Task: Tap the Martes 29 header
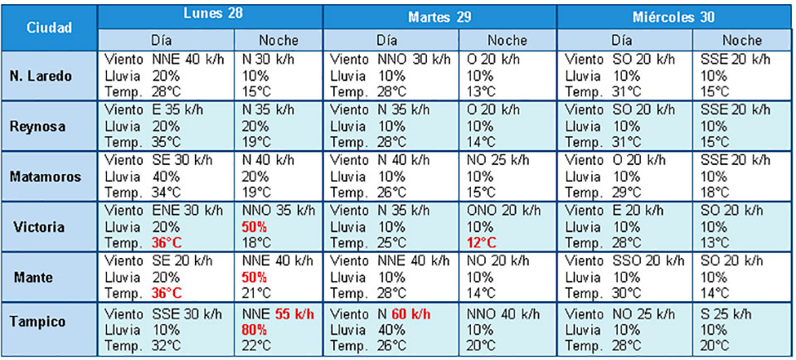(x=439, y=17)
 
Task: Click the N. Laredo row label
(x=48, y=75)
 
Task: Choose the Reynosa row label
(x=48, y=125)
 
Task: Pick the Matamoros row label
(x=48, y=176)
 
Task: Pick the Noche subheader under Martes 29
(x=507, y=40)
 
